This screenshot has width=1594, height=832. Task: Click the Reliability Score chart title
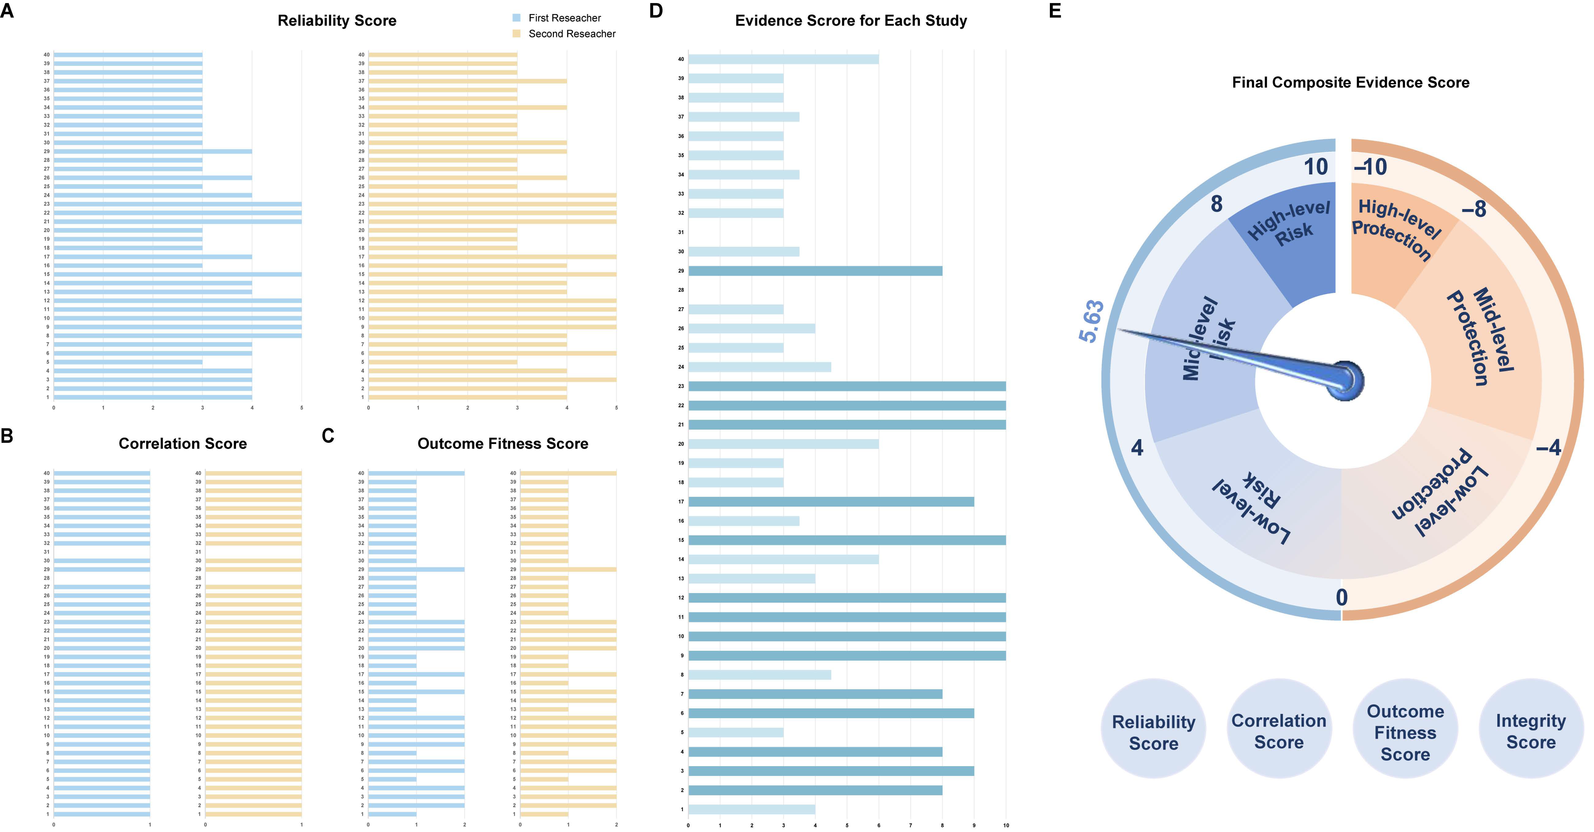point(337,20)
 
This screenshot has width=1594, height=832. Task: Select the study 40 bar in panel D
point(783,59)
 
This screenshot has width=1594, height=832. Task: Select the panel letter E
point(1055,11)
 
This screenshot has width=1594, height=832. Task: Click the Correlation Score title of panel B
point(183,444)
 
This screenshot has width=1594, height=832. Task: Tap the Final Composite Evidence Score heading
point(1350,82)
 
